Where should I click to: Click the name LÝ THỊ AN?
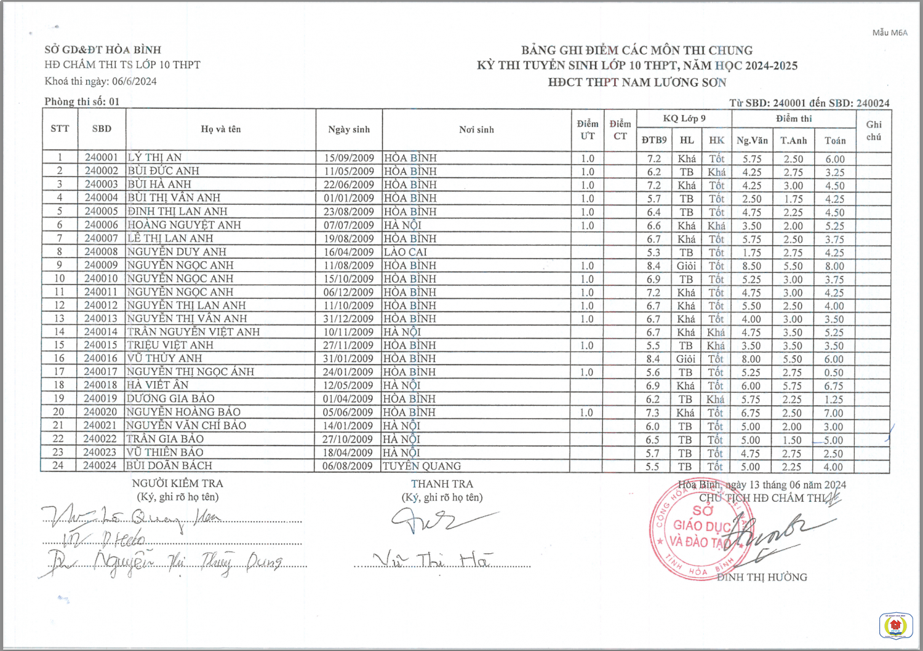point(154,157)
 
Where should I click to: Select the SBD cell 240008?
point(101,251)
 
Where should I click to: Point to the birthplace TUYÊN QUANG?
point(422,466)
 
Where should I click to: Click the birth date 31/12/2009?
point(348,318)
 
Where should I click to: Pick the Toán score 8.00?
point(834,266)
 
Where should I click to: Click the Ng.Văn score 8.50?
point(751,266)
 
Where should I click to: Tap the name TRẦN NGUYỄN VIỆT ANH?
point(193,332)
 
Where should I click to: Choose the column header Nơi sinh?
point(476,130)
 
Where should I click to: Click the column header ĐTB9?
point(653,140)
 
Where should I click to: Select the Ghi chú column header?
point(874,130)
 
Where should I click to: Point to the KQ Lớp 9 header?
point(684,118)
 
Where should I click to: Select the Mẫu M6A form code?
point(889,33)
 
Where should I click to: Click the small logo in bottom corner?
point(895,626)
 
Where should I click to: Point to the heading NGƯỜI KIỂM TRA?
point(177,484)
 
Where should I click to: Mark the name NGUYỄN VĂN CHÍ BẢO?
point(186,425)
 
